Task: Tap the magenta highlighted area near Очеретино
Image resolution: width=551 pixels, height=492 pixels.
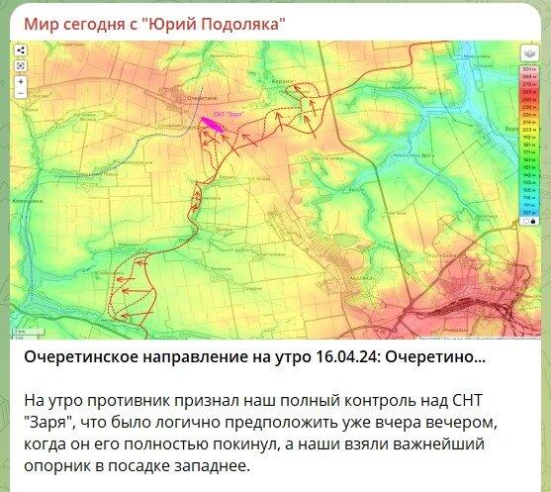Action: pos(213,125)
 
